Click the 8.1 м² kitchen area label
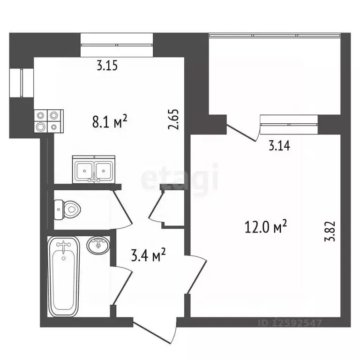pos(110,122)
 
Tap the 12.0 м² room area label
pos(266,226)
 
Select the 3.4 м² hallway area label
pos(148,255)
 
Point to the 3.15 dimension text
pos(107,65)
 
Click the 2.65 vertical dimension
pos(173,120)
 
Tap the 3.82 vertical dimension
pos(330,231)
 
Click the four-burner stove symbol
pos(49,121)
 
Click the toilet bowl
pos(67,210)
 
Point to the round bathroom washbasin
pos(98,245)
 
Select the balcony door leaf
pos(241,133)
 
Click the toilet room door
pos(122,207)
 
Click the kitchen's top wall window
pos(117,45)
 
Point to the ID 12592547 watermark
pos(290,323)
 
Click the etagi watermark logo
pos(180,176)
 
